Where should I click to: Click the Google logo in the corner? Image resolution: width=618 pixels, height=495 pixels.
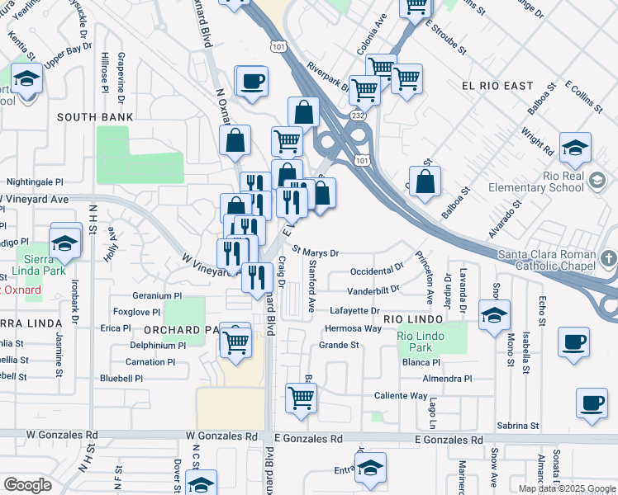click(28, 485)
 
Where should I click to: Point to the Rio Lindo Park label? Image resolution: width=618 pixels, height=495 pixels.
click(421, 342)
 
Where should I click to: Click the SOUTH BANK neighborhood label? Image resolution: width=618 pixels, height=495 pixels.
click(95, 118)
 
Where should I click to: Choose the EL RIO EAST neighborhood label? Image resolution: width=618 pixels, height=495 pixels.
click(498, 86)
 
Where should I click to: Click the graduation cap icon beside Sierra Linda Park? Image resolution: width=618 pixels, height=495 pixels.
click(63, 243)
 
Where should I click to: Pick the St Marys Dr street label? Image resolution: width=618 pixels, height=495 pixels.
click(316, 252)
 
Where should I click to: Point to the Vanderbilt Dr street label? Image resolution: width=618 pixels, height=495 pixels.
click(373, 290)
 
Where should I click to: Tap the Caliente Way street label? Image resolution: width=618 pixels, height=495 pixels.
click(400, 396)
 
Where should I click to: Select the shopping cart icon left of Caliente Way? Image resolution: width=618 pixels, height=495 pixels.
click(301, 398)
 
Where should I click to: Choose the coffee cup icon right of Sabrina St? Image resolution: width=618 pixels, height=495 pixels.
click(592, 404)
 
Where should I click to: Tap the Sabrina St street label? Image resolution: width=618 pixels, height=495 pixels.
click(518, 426)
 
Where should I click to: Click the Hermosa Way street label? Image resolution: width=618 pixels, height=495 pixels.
click(353, 328)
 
